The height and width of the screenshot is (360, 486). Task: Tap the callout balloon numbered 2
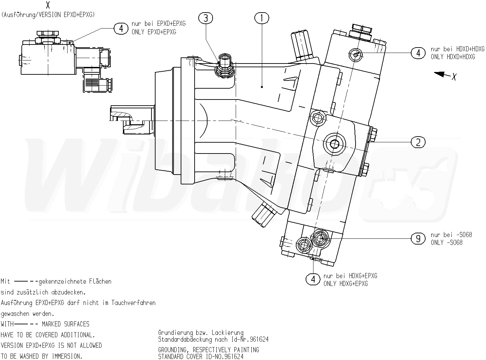(418, 142)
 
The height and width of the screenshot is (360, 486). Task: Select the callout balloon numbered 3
(206, 18)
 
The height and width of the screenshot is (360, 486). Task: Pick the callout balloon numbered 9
(418, 238)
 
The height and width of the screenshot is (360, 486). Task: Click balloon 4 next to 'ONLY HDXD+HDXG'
(418, 53)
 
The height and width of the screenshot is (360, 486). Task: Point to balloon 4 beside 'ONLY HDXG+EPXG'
(313, 280)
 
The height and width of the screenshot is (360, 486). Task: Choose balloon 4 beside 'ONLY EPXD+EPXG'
(121, 28)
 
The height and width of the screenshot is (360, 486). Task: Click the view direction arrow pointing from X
(442, 74)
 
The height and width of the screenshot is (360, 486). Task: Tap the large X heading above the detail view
(48, 5)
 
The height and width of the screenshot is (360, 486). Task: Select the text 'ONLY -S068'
(447, 242)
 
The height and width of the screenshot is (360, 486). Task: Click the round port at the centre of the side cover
(334, 144)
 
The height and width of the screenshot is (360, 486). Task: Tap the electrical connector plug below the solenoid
(96, 83)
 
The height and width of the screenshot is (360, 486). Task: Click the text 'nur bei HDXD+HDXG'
(457, 49)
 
